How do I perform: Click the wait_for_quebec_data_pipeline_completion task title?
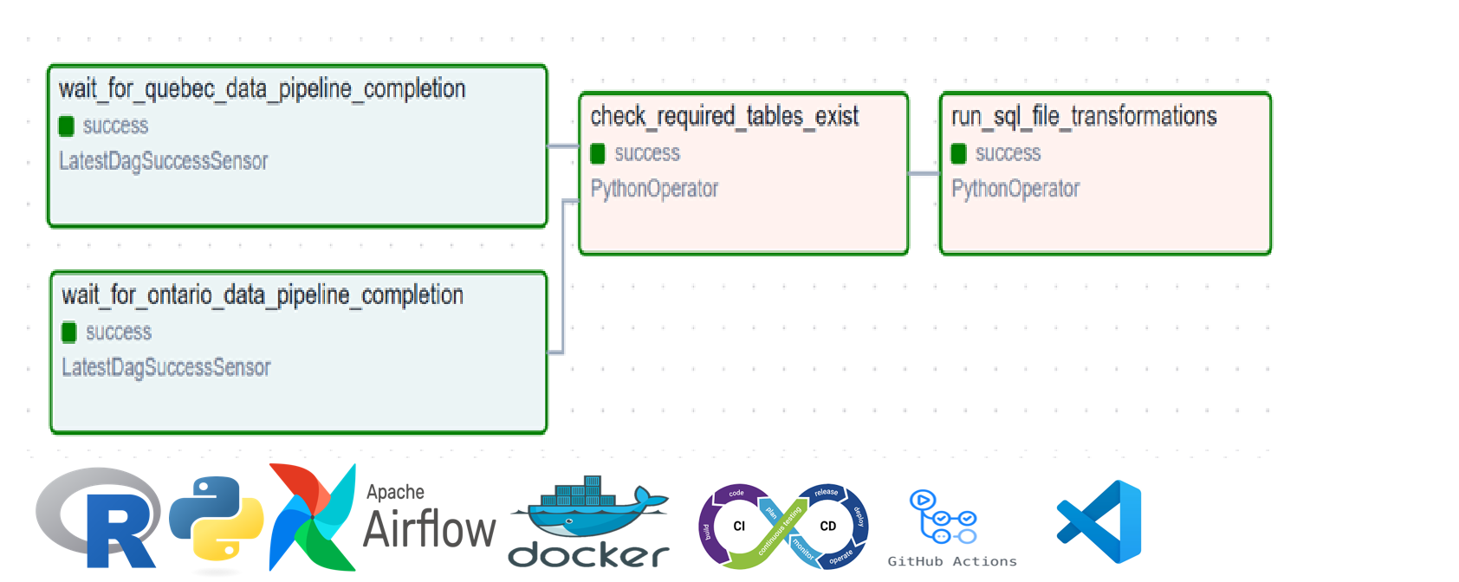click(262, 89)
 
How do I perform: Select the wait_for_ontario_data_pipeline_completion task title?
click(262, 295)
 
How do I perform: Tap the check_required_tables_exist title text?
click(724, 117)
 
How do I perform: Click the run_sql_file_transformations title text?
click(1084, 117)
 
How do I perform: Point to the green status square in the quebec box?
click(67, 126)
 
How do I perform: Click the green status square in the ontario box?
click(69, 333)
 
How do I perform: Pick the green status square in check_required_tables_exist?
click(598, 154)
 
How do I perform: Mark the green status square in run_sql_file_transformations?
click(958, 154)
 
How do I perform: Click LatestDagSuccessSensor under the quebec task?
click(163, 161)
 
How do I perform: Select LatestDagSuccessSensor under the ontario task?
click(165, 368)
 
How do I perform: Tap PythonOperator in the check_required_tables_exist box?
click(654, 189)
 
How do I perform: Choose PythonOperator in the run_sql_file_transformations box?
click(1015, 189)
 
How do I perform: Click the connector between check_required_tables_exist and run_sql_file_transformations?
click(924, 174)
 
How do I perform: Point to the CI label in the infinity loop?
click(739, 526)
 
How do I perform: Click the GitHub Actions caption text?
click(951, 561)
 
